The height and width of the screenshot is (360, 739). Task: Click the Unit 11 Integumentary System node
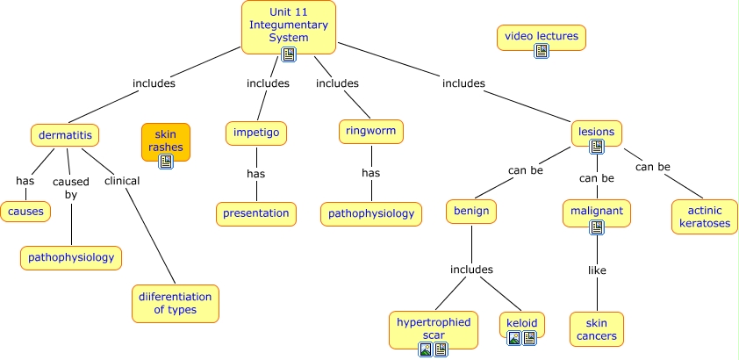point(289,26)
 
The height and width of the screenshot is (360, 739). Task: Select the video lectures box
point(541,37)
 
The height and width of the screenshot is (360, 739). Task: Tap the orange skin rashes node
point(165,141)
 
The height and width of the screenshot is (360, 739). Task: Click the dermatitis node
point(64,135)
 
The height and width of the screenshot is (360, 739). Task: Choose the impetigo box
point(255,133)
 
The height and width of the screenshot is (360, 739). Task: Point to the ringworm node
point(370,132)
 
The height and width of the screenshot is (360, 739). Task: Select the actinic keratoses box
point(704,217)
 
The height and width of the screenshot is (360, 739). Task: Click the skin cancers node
point(596,329)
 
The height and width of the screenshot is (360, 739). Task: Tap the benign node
point(471,212)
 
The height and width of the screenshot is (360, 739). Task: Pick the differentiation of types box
point(175,303)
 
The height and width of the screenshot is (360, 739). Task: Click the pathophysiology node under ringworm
point(370,213)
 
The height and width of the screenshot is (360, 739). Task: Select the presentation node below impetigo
point(255,212)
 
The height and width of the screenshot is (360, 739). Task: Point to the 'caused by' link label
point(71,188)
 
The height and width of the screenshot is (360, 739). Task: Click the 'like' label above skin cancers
point(596,270)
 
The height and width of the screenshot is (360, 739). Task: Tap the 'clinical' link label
point(122,181)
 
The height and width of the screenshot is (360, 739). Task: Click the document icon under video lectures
point(542,51)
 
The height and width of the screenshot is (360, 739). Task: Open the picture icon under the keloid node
point(514,338)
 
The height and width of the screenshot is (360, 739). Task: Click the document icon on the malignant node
point(597,227)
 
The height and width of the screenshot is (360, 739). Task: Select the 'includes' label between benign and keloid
point(471,270)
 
